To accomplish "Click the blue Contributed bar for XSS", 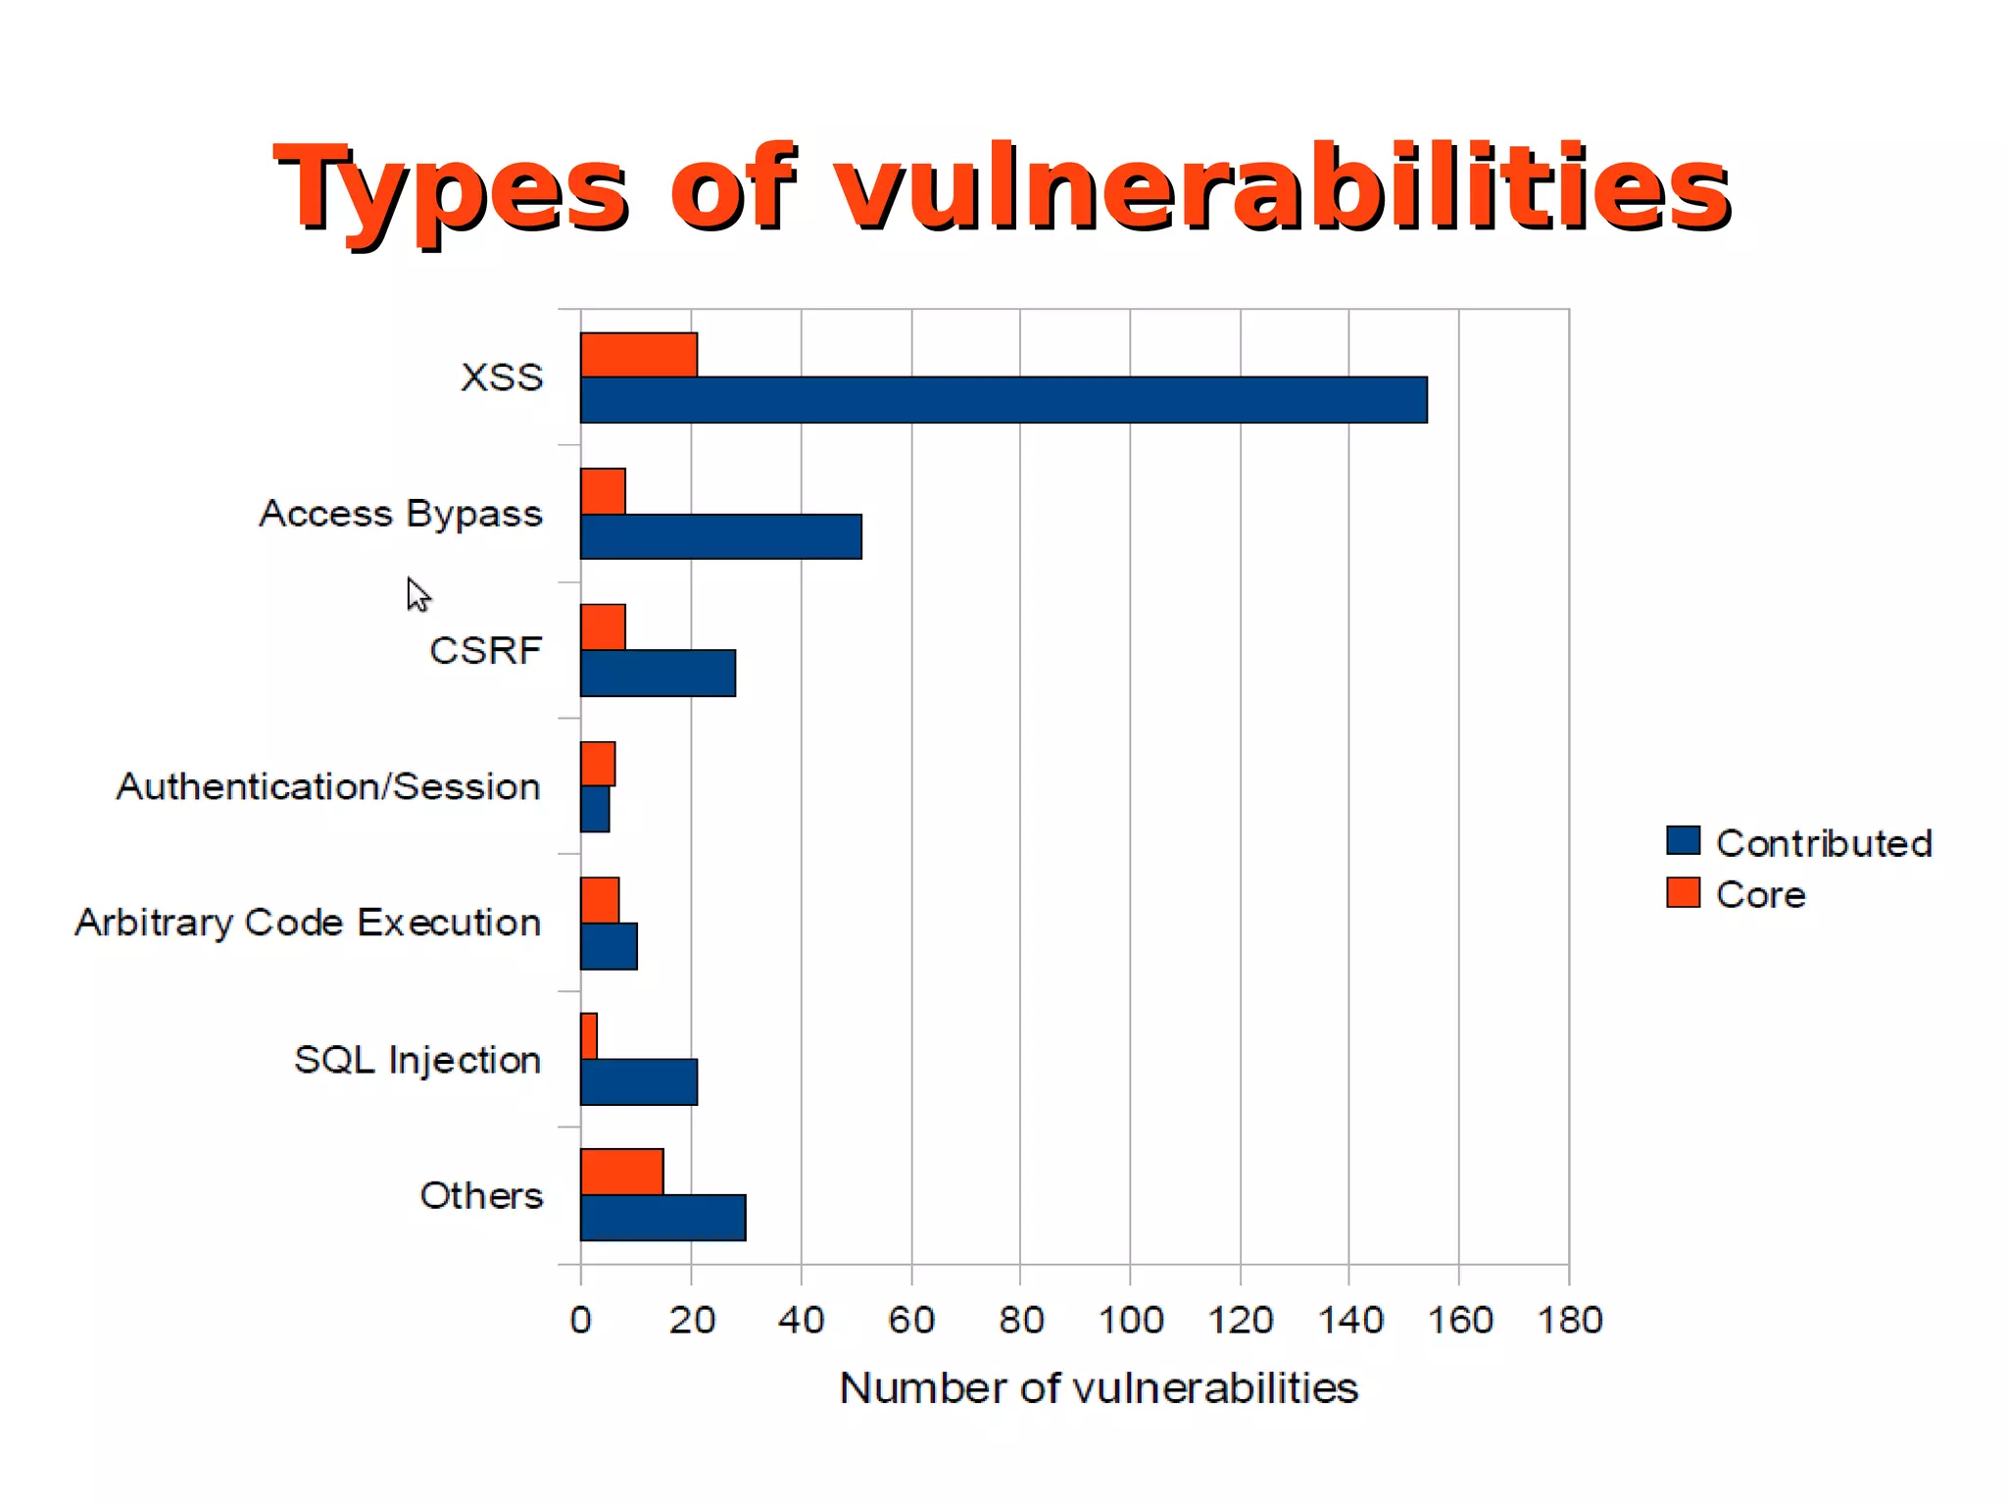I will tap(1003, 400).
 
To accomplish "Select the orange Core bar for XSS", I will tap(638, 355).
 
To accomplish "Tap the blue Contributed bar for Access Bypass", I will tap(720, 536).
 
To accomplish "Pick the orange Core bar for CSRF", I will tap(603, 627).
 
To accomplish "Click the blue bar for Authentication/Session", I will tap(595, 809).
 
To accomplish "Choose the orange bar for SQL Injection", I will tap(589, 1036).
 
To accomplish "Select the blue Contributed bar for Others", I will tap(662, 1218).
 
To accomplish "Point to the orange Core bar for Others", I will tap(621, 1172).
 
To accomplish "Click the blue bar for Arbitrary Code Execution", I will tap(609, 946).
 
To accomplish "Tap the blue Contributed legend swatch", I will tap(1683, 841).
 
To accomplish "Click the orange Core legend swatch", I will tap(1683, 892).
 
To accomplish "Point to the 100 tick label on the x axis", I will tap(1130, 1320).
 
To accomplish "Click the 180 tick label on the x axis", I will tap(1569, 1320).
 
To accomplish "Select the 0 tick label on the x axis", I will tap(580, 1320).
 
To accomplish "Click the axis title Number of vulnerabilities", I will tap(1099, 1388).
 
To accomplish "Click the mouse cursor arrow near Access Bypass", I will tap(416, 593).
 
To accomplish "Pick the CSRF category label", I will tap(485, 650).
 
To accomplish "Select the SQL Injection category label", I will tap(417, 1060).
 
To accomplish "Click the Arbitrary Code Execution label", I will tap(308, 923).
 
